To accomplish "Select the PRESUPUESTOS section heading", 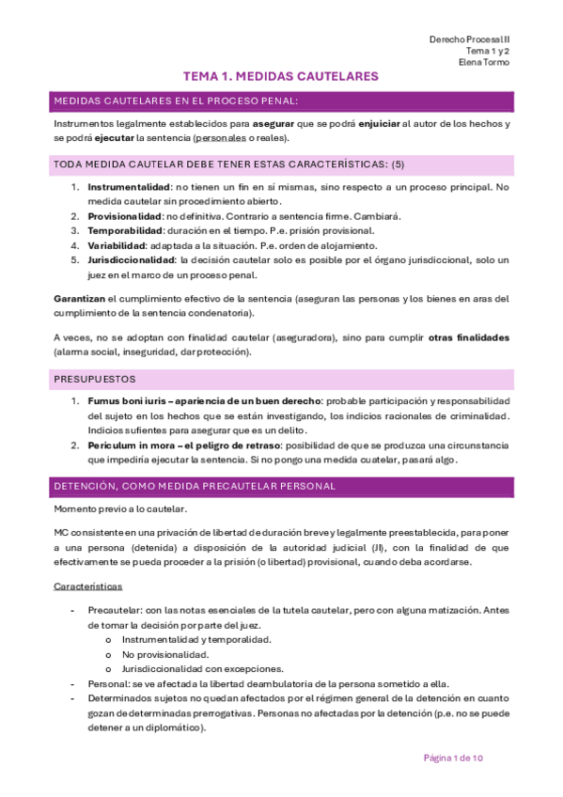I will [95, 379].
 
